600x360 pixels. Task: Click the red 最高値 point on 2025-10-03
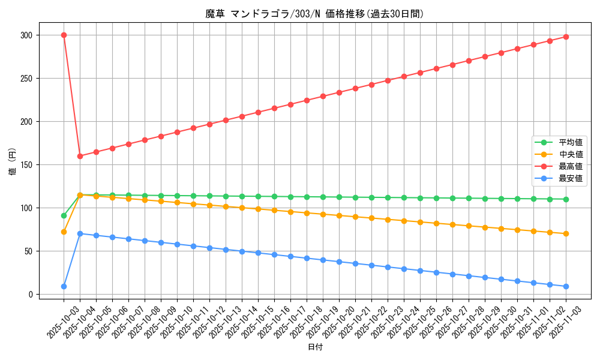[x=64, y=35]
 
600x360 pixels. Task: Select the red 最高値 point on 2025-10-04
[x=80, y=156]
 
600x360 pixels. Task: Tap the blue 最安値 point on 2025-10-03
[x=64, y=286]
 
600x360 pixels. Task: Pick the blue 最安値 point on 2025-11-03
[x=566, y=286]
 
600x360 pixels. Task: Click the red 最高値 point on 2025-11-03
[x=566, y=37]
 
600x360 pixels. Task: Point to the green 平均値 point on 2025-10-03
[x=64, y=215]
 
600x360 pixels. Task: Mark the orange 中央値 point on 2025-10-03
[x=64, y=232]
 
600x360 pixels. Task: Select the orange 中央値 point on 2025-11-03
[x=566, y=233]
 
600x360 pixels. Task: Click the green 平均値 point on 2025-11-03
[x=566, y=199]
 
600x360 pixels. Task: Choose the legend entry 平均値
[x=571, y=142]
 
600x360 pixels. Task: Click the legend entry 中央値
[x=571, y=154]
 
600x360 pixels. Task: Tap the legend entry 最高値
[x=571, y=166]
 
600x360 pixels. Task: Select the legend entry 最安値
[x=571, y=178]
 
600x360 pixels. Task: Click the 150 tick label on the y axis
[x=29, y=165]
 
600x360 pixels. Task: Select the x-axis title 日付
[x=314, y=347]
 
